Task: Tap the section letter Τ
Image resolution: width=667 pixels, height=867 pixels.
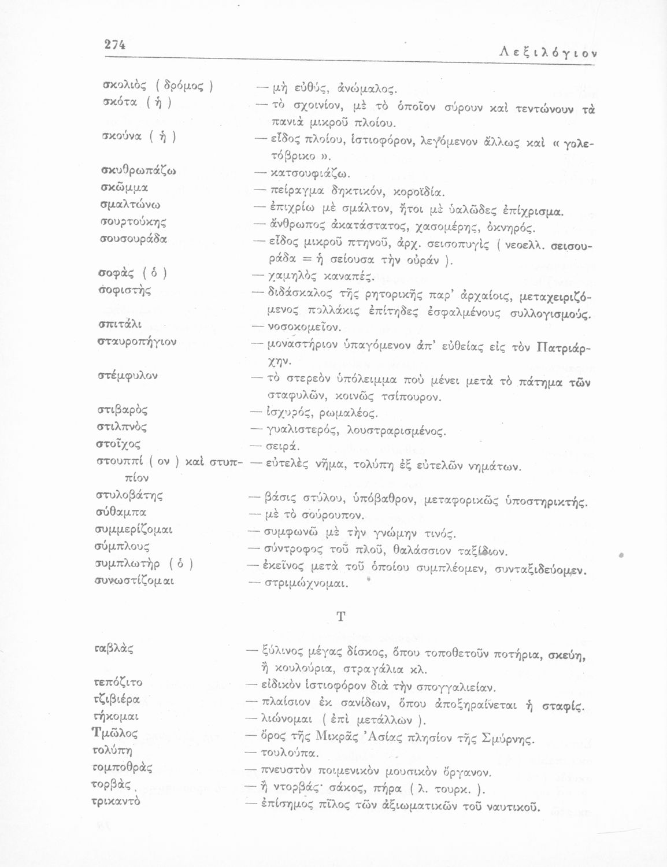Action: coord(340,616)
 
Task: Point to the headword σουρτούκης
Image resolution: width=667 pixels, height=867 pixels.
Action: coord(130,222)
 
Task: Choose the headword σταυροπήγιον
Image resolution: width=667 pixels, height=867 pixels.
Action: coord(135,342)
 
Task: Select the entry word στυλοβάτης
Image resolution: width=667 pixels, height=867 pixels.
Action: coord(129,495)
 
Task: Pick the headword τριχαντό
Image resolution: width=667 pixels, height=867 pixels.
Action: coord(117,802)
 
